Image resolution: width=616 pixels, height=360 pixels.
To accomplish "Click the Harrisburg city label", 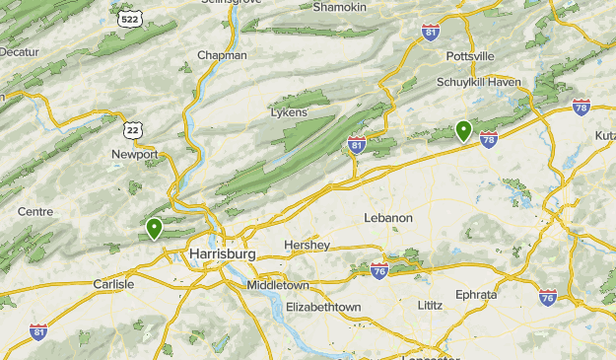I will point(221,254).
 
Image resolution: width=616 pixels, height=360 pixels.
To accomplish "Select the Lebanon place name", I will point(387,218).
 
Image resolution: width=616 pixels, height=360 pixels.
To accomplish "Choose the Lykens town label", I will point(289,112).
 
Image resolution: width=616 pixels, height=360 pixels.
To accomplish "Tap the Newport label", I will point(135,155).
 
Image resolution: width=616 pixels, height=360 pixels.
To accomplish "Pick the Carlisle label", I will point(112,284).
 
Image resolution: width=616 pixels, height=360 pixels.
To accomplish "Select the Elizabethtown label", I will point(322,308).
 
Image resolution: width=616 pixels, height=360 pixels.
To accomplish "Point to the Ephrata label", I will point(476,294).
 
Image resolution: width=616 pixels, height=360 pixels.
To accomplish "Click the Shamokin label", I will point(339,7).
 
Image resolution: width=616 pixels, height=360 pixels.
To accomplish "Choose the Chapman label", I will point(222,55).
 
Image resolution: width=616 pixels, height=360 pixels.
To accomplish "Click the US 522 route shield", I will point(128,19).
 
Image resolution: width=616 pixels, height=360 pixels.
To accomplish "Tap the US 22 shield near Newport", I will point(133,128).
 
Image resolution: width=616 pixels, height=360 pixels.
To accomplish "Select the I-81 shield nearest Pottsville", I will point(430,33).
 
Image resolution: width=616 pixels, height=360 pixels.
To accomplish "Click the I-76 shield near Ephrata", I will point(548,297).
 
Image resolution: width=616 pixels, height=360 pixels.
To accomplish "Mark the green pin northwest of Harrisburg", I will point(155,228).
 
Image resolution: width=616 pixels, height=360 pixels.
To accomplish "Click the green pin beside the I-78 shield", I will point(463,129).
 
